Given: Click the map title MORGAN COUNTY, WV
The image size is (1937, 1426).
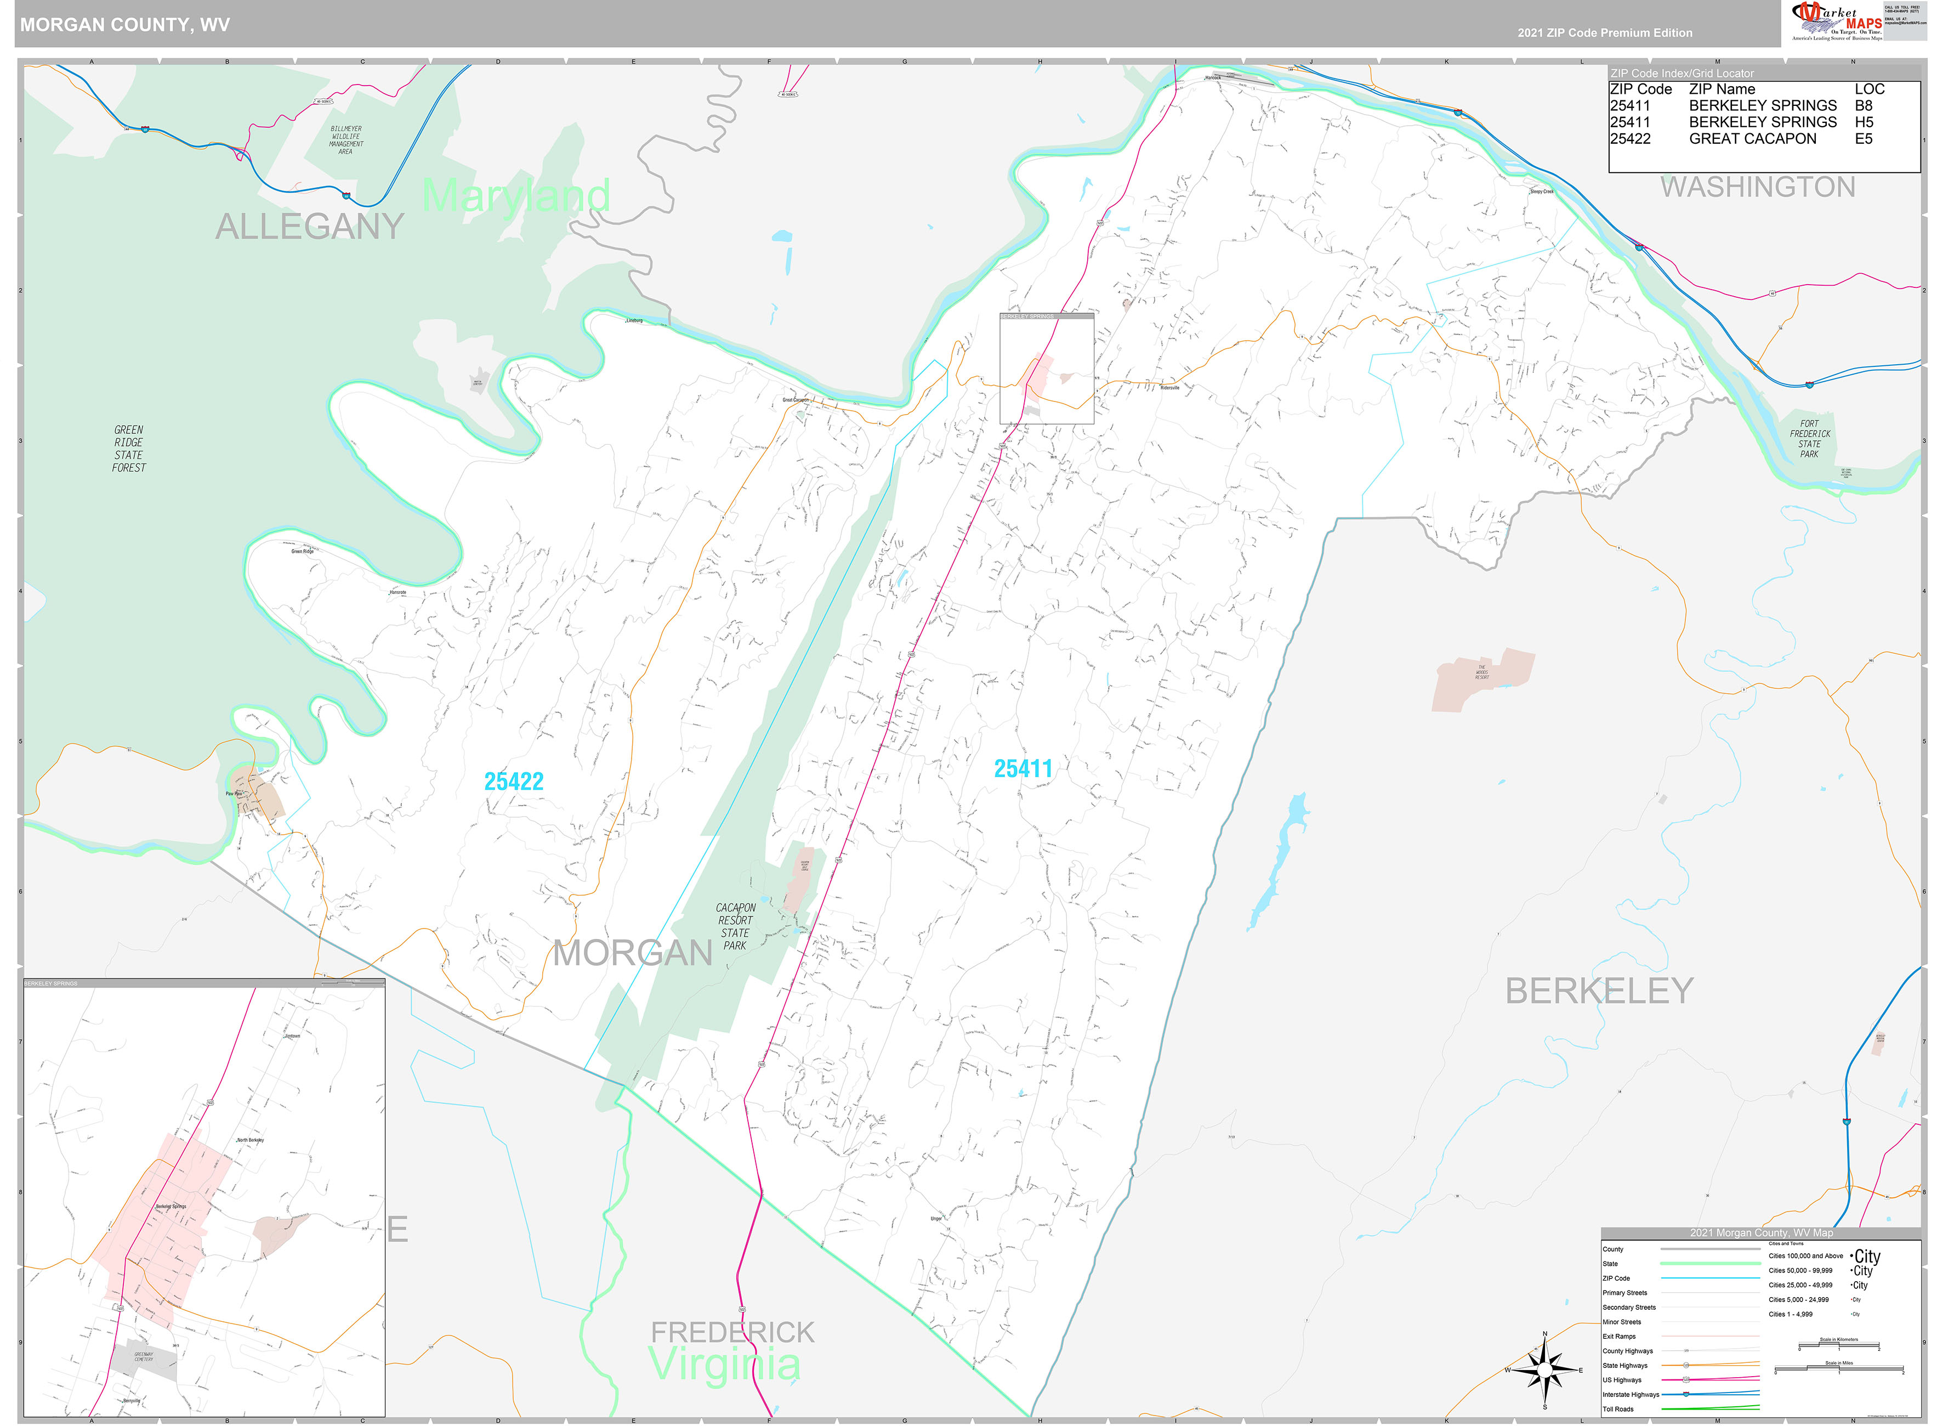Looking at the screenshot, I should [125, 24].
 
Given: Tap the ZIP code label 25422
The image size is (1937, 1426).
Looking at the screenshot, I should [513, 781].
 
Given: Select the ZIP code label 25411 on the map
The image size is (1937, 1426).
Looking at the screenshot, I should [1023, 768].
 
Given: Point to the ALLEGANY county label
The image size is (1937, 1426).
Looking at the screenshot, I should [309, 226].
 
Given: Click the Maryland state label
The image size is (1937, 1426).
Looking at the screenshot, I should [516, 195].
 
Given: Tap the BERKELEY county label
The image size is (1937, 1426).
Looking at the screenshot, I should [1599, 990].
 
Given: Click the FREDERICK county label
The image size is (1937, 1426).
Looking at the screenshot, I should [732, 1332].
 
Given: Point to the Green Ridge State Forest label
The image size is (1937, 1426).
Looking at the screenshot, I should [128, 449].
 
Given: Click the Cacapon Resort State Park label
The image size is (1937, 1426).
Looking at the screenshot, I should [735, 926].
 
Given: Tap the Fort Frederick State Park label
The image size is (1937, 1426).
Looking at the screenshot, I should [1809, 439].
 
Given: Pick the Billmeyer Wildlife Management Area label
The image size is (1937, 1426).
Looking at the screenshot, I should [346, 140].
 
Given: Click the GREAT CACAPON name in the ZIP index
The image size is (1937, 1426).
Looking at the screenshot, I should [1752, 139].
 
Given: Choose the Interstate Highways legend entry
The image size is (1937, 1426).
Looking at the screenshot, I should [1631, 1394].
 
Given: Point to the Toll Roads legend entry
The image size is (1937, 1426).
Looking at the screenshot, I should [1618, 1409].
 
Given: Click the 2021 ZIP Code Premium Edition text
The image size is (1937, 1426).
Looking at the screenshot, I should [1605, 33].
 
